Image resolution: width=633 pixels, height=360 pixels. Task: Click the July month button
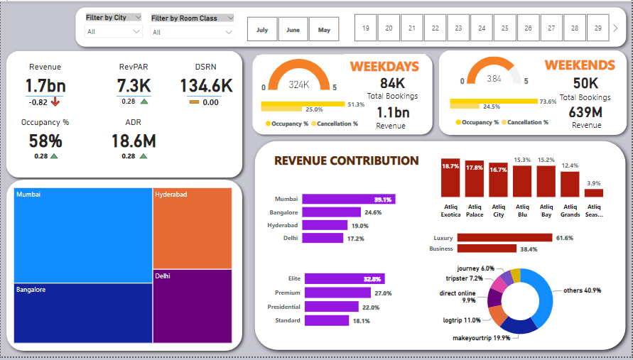point(262,30)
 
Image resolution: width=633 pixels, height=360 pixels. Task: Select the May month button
point(324,30)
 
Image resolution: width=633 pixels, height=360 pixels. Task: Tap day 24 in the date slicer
point(482,28)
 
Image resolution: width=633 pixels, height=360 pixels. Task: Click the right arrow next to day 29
point(616,28)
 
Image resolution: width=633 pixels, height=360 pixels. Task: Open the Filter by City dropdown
point(114,32)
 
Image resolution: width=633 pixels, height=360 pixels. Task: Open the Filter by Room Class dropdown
point(192,32)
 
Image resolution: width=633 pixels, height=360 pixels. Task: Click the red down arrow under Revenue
point(55,102)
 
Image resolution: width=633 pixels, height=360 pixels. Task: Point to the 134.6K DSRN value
point(206,86)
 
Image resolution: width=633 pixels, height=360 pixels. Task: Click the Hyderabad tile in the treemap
point(192,228)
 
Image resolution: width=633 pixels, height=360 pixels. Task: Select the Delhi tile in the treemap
point(192,309)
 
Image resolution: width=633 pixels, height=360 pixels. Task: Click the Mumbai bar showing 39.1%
point(348,200)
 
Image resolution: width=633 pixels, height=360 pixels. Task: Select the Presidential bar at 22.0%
point(331,307)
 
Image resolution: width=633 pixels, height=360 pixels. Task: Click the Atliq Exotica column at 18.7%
point(450,178)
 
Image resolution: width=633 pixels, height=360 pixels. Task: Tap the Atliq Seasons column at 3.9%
point(594,192)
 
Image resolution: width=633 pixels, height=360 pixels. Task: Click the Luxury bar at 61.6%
point(504,238)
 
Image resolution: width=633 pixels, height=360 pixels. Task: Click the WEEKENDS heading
point(580,65)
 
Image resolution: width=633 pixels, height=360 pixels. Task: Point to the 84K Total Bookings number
point(392,84)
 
